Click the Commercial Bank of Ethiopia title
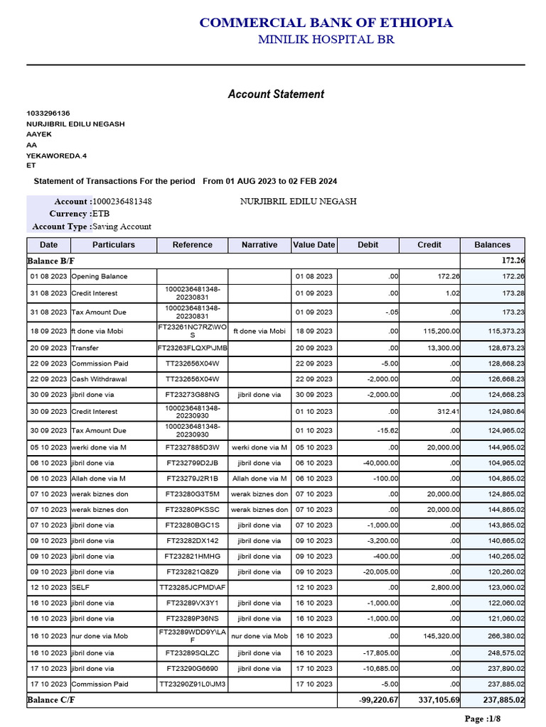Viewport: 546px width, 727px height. pyautogui.click(x=326, y=23)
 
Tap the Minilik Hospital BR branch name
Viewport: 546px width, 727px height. pyautogui.click(x=326, y=40)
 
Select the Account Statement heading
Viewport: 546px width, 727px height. pyautogui.click(x=276, y=94)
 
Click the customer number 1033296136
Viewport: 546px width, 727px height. pyautogui.click(x=48, y=114)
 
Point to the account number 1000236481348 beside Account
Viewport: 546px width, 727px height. pyautogui.click(x=122, y=202)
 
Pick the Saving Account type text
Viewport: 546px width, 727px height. pyautogui.click(x=122, y=226)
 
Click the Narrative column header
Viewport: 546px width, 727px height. pyautogui.click(x=259, y=245)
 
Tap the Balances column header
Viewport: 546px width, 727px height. pyautogui.click(x=492, y=245)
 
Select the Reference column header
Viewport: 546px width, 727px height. pyautogui.click(x=192, y=245)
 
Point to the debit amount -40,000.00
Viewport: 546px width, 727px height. pyautogui.click(x=380, y=462)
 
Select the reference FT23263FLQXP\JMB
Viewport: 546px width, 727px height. pyautogui.click(x=192, y=349)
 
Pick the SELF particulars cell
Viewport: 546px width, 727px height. pyautogui.click(x=80, y=588)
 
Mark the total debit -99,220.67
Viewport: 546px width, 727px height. pyautogui.click(x=379, y=700)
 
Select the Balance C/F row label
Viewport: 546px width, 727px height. pyautogui.click(x=51, y=700)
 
